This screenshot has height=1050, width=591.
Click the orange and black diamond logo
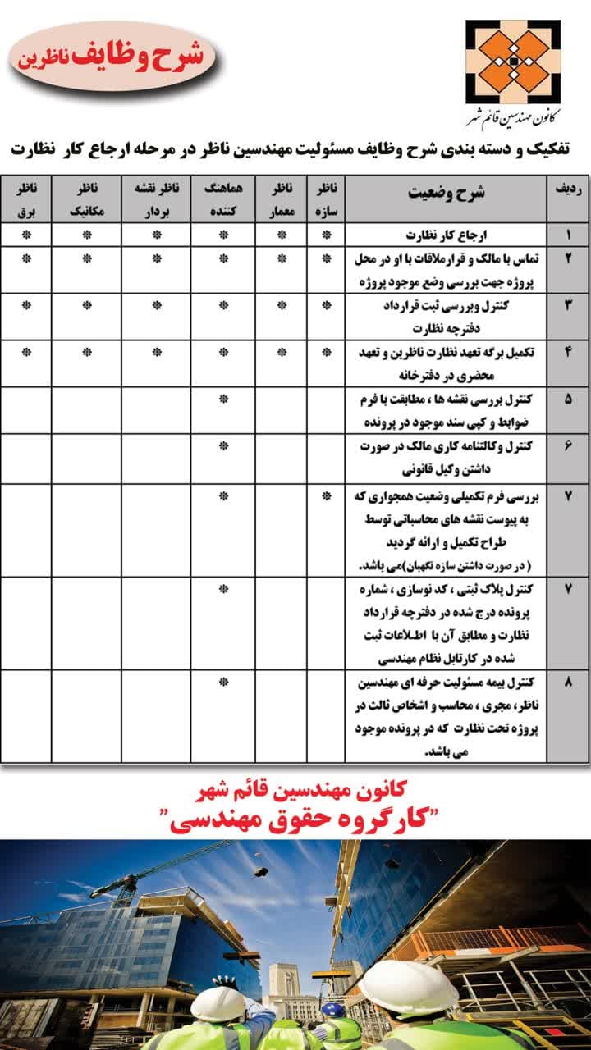(x=513, y=62)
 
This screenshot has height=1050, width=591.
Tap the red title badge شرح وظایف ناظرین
(x=113, y=57)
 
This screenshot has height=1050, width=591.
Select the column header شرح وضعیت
(x=446, y=193)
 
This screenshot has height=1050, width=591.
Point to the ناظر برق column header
(x=26, y=199)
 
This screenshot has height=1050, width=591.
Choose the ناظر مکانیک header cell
(x=85, y=199)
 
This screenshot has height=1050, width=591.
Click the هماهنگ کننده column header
(x=222, y=199)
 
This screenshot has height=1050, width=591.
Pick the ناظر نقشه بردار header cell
(x=156, y=199)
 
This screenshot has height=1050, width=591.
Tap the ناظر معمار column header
(x=282, y=199)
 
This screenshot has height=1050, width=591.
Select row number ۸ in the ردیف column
(x=568, y=682)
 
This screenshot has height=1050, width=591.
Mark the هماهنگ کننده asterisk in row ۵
(x=222, y=399)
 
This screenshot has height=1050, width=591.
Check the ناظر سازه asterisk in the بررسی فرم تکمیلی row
(x=327, y=495)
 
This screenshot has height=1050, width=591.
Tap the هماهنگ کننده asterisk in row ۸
(x=222, y=682)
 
